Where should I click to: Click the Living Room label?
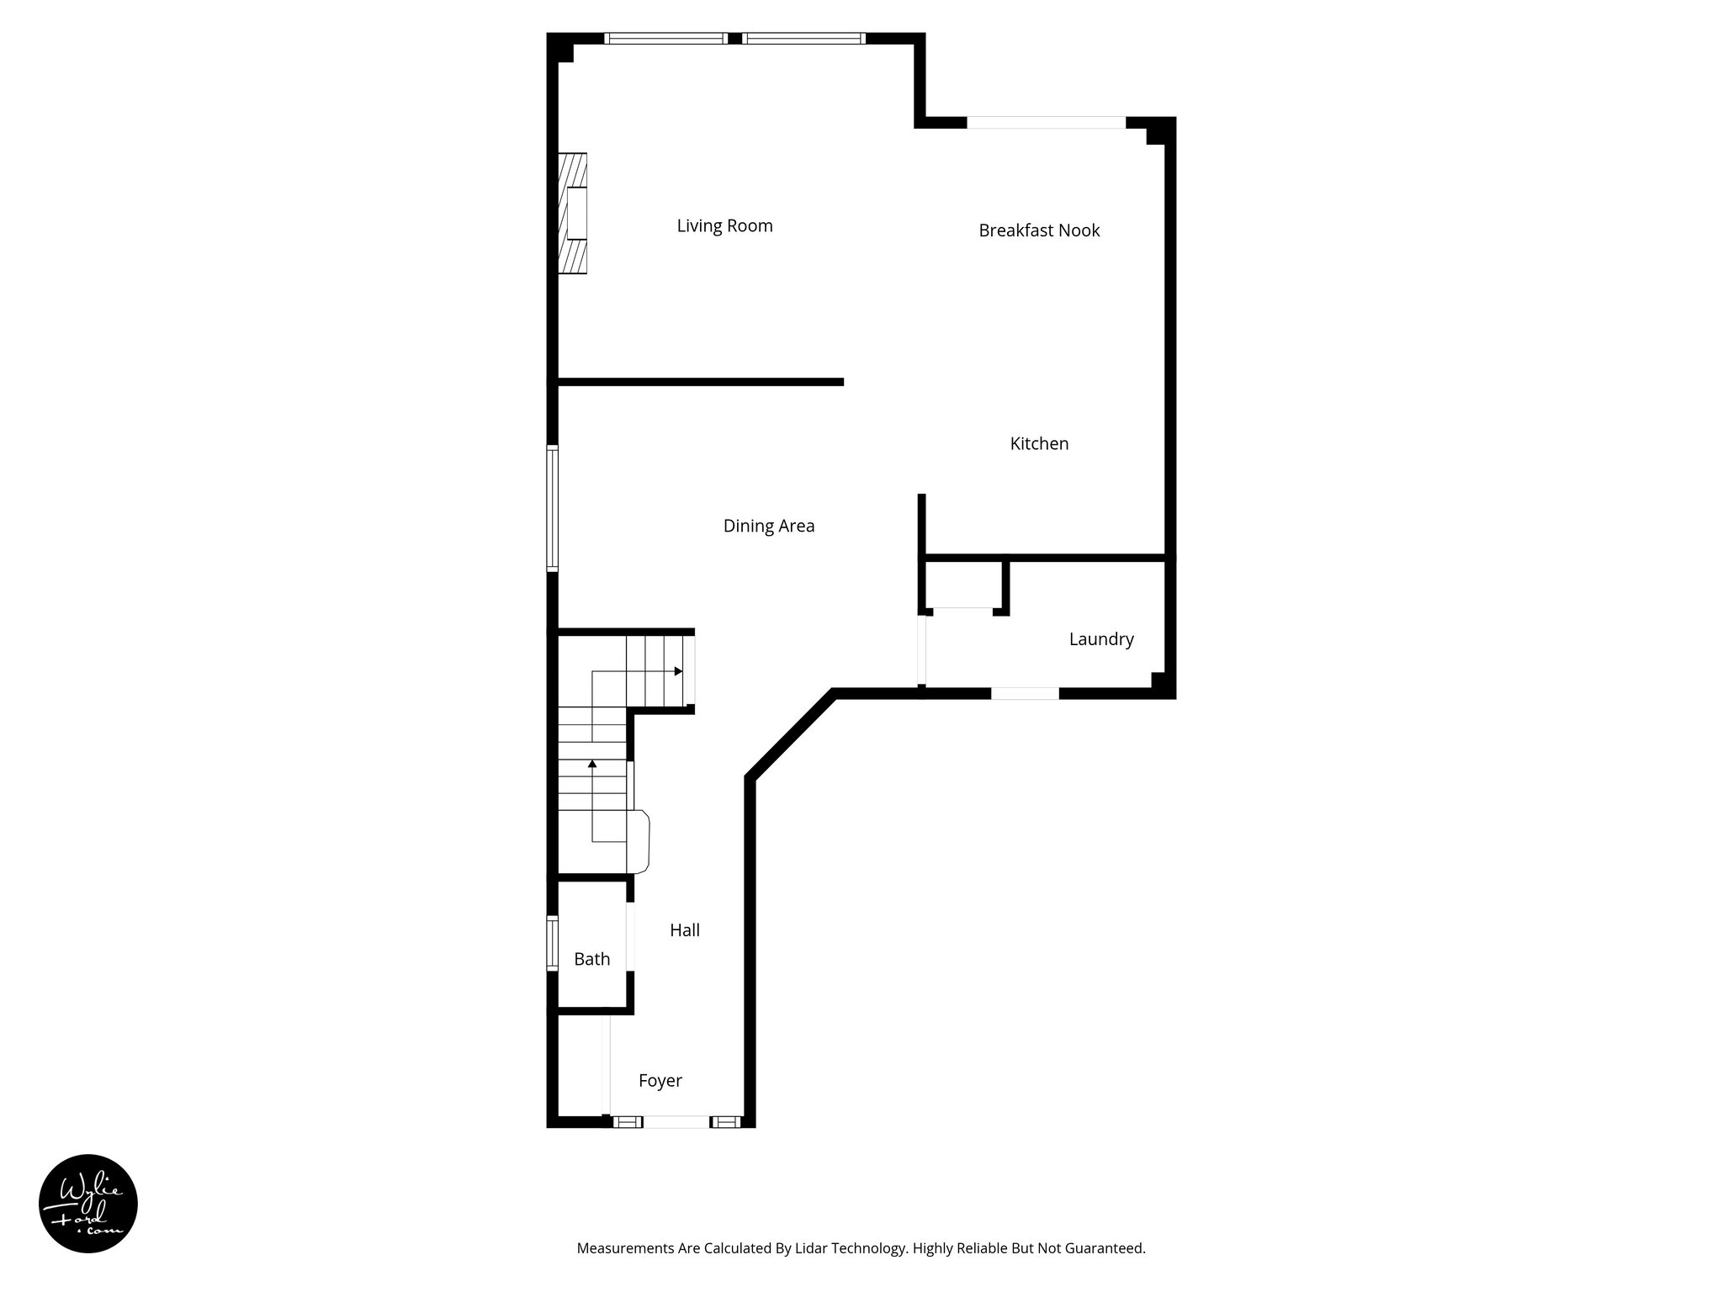(724, 226)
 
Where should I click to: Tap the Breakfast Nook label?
(1039, 230)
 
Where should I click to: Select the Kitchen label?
(1039, 444)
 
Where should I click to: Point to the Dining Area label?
(768, 527)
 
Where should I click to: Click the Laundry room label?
(1100, 639)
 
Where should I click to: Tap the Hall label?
(684, 930)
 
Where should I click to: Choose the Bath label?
(591, 959)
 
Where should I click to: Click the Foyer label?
(660, 1081)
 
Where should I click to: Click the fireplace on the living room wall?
(574, 214)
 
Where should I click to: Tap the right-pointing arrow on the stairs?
(678, 671)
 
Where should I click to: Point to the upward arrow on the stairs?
(592, 764)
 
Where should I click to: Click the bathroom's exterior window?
(553, 943)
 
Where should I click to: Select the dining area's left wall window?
(553, 508)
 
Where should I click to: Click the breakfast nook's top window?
(1046, 123)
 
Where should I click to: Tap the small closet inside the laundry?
(963, 584)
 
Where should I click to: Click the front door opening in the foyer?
(676, 1121)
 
